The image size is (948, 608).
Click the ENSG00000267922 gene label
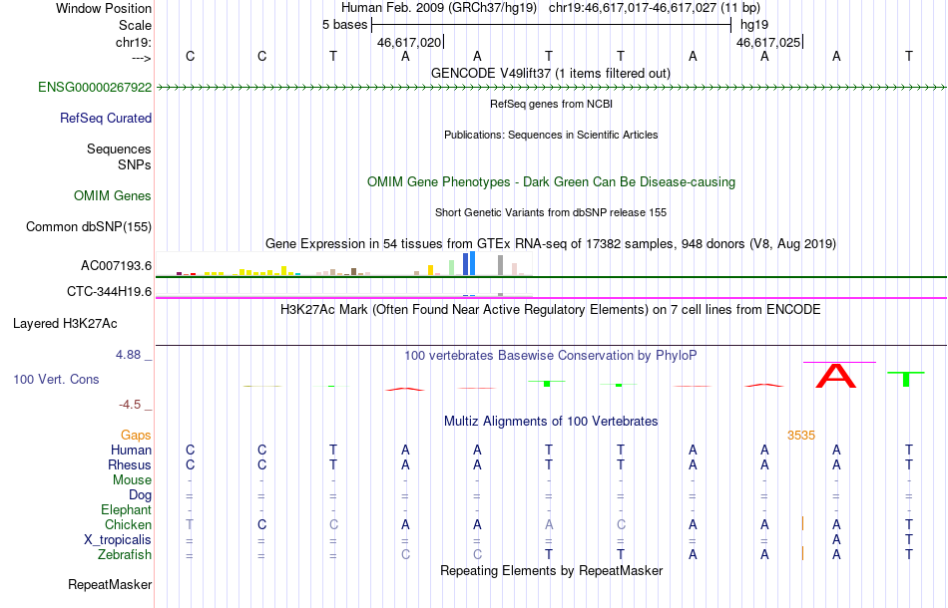pos(95,88)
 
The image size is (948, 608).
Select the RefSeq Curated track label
pos(106,119)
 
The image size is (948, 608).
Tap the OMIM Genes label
pos(113,196)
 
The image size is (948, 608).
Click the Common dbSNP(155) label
pos(89,227)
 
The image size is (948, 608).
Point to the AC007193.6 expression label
pos(116,266)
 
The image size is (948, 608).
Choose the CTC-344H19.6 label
pos(110,292)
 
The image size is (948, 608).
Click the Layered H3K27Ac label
pos(65,324)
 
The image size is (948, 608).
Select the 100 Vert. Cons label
pos(56,380)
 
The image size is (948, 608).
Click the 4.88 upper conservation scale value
pos(128,355)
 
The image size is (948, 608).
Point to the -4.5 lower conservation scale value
pos(130,405)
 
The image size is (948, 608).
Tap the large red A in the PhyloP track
pos(836,376)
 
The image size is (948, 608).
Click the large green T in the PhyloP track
pos(906,379)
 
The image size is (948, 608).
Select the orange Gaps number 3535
pos(801,436)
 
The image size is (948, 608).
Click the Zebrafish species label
pos(125,555)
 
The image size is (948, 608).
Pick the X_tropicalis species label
pos(118,540)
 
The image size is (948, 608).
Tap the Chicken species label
pos(128,525)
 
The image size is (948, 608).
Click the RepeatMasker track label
pos(110,585)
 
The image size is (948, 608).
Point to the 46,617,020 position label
pos(409,43)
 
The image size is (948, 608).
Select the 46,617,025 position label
pos(768,43)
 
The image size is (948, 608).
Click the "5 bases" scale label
pos(344,25)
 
